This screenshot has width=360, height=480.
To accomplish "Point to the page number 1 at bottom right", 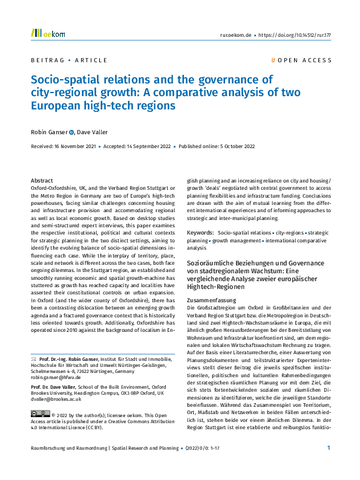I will (328, 464).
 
